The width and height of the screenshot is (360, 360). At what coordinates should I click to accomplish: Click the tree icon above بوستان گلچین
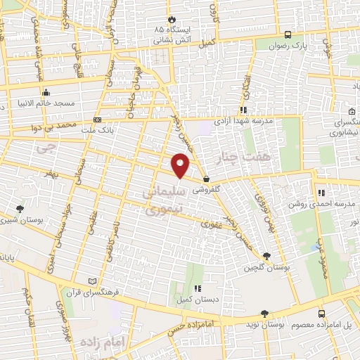(266, 257)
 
